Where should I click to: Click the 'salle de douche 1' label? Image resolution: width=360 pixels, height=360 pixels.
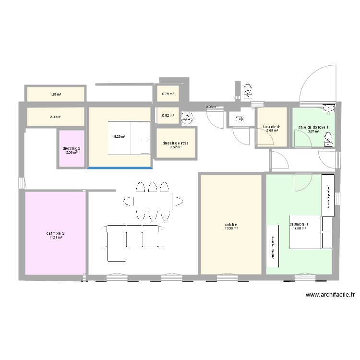[313, 127]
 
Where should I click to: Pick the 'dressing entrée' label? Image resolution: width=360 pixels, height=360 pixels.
[175, 143]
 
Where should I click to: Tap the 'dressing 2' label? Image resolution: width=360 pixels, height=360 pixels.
[72, 148]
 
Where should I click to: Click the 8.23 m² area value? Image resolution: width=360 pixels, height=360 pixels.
[120, 137]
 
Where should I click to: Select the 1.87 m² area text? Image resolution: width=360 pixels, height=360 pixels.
[55, 95]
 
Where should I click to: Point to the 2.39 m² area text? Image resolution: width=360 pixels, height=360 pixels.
[55, 117]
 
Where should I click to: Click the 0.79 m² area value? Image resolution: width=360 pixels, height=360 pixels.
[168, 94]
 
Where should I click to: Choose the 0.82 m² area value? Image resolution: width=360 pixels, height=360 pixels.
[168, 116]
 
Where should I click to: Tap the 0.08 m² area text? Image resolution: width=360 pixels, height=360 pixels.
[211, 107]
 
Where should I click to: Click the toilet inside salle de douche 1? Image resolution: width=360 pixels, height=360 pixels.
[328, 139]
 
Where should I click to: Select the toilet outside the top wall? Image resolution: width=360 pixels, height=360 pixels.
[248, 89]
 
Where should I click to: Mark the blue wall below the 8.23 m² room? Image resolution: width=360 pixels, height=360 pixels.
[120, 168]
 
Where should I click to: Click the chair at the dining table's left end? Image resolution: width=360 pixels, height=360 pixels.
[129, 201]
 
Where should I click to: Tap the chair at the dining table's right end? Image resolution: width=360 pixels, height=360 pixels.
[177, 200]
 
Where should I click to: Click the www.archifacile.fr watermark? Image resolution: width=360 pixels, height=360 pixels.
[330, 296]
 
